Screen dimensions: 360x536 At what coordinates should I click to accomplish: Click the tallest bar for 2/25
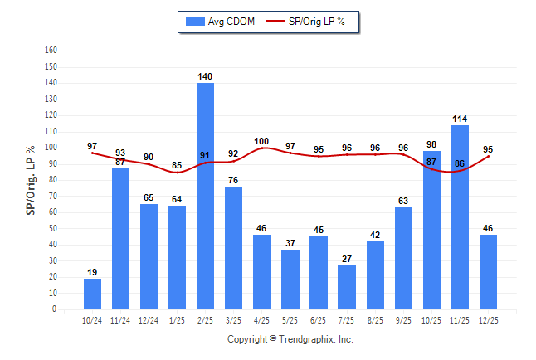(x=205, y=196)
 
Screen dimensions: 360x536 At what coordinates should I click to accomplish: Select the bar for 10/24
(x=92, y=294)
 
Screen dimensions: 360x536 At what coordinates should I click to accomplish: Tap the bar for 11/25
(x=460, y=216)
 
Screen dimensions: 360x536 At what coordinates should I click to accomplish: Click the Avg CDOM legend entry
(x=221, y=21)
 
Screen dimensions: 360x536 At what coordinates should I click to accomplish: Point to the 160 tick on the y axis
(x=51, y=50)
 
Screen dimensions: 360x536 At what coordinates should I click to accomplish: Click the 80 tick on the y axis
(x=52, y=179)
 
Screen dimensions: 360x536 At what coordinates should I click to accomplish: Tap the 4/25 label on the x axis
(x=262, y=319)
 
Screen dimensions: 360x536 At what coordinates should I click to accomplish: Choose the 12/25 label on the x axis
(x=488, y=319)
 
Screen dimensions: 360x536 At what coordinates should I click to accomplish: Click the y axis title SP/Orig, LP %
(x=31, y=180)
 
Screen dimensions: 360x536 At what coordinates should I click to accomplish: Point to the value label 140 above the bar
(x=205, y=76)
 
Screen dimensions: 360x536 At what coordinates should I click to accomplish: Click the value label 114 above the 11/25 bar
(x=460, y=119)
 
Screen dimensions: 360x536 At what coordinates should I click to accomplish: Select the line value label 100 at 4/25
(x=262, y=141)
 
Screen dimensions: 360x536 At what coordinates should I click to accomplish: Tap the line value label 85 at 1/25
(x=177, y=165)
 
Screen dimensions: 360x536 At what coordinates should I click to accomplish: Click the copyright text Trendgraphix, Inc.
(x=290, y=339)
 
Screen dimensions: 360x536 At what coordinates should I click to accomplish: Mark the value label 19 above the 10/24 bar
(x=92, y=272)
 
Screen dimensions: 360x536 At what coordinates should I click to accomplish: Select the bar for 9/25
(x=403, y=258)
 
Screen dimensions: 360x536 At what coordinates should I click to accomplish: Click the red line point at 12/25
(x=488, y=156)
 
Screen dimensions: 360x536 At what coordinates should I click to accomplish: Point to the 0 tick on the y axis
(x=54, y=309)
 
